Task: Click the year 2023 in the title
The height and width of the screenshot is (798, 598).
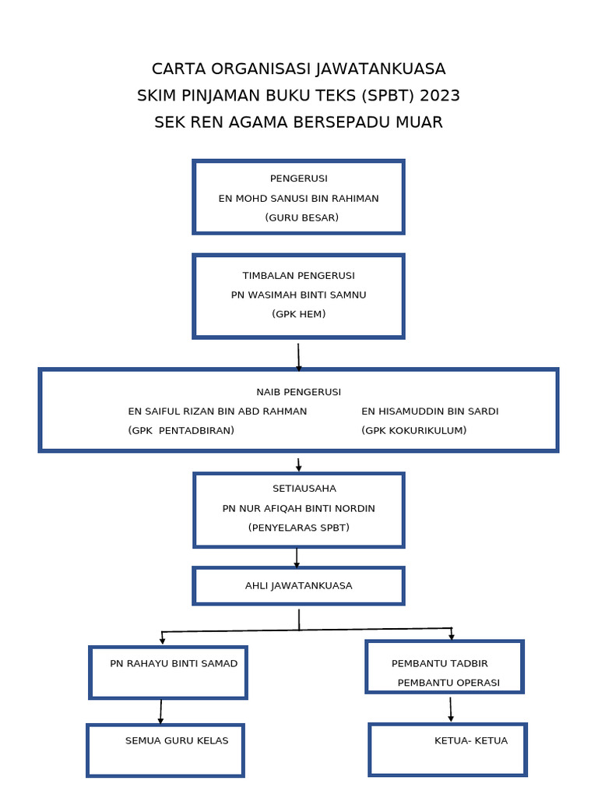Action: [440, 96]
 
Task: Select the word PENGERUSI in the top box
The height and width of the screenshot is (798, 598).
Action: [298, 178]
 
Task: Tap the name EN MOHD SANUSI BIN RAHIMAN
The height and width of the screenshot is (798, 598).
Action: [298, 198]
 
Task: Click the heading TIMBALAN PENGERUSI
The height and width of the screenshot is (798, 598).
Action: [298, 275]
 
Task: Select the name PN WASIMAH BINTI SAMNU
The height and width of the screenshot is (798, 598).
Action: [298, 295]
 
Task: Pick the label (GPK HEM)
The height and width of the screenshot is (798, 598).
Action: [298, 314]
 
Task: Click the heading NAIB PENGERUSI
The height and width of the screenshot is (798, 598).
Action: [298, 391]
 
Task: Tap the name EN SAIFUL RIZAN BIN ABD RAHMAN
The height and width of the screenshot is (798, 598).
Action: [217, 411]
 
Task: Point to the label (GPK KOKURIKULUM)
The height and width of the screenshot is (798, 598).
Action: [413, 430]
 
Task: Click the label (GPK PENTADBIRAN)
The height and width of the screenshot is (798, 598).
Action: [181, 430]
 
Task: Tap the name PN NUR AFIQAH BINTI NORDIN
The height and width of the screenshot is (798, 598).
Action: [298, 508]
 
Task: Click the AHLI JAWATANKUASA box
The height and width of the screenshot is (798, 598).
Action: [298, 585]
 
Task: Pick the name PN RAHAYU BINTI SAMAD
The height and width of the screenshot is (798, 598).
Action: [174, 663]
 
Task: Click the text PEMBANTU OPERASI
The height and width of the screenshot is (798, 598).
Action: [448, 683]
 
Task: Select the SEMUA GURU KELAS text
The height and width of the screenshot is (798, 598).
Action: [177, 740]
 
